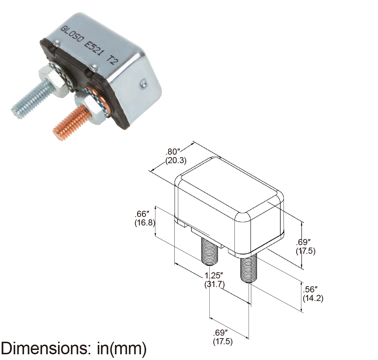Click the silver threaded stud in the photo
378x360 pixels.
tap(30, 100)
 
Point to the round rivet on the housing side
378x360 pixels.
tap(142, 84)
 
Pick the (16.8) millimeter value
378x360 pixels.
tap(144, 223)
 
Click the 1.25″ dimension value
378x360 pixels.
tap(214, 276)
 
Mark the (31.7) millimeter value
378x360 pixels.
tap(214, 284)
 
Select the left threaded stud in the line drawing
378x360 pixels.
tap(209, 252)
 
